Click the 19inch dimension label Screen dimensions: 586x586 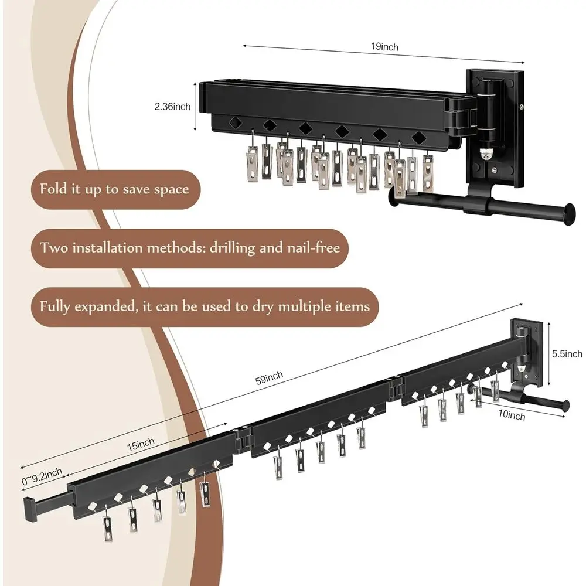point(384,47)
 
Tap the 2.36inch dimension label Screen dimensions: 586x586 point(172,107)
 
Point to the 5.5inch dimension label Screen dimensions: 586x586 point(567,354)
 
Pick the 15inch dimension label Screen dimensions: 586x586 point(140,445)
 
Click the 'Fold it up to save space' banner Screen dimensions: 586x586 point(114,189)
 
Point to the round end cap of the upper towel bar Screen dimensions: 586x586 point(567,214)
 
